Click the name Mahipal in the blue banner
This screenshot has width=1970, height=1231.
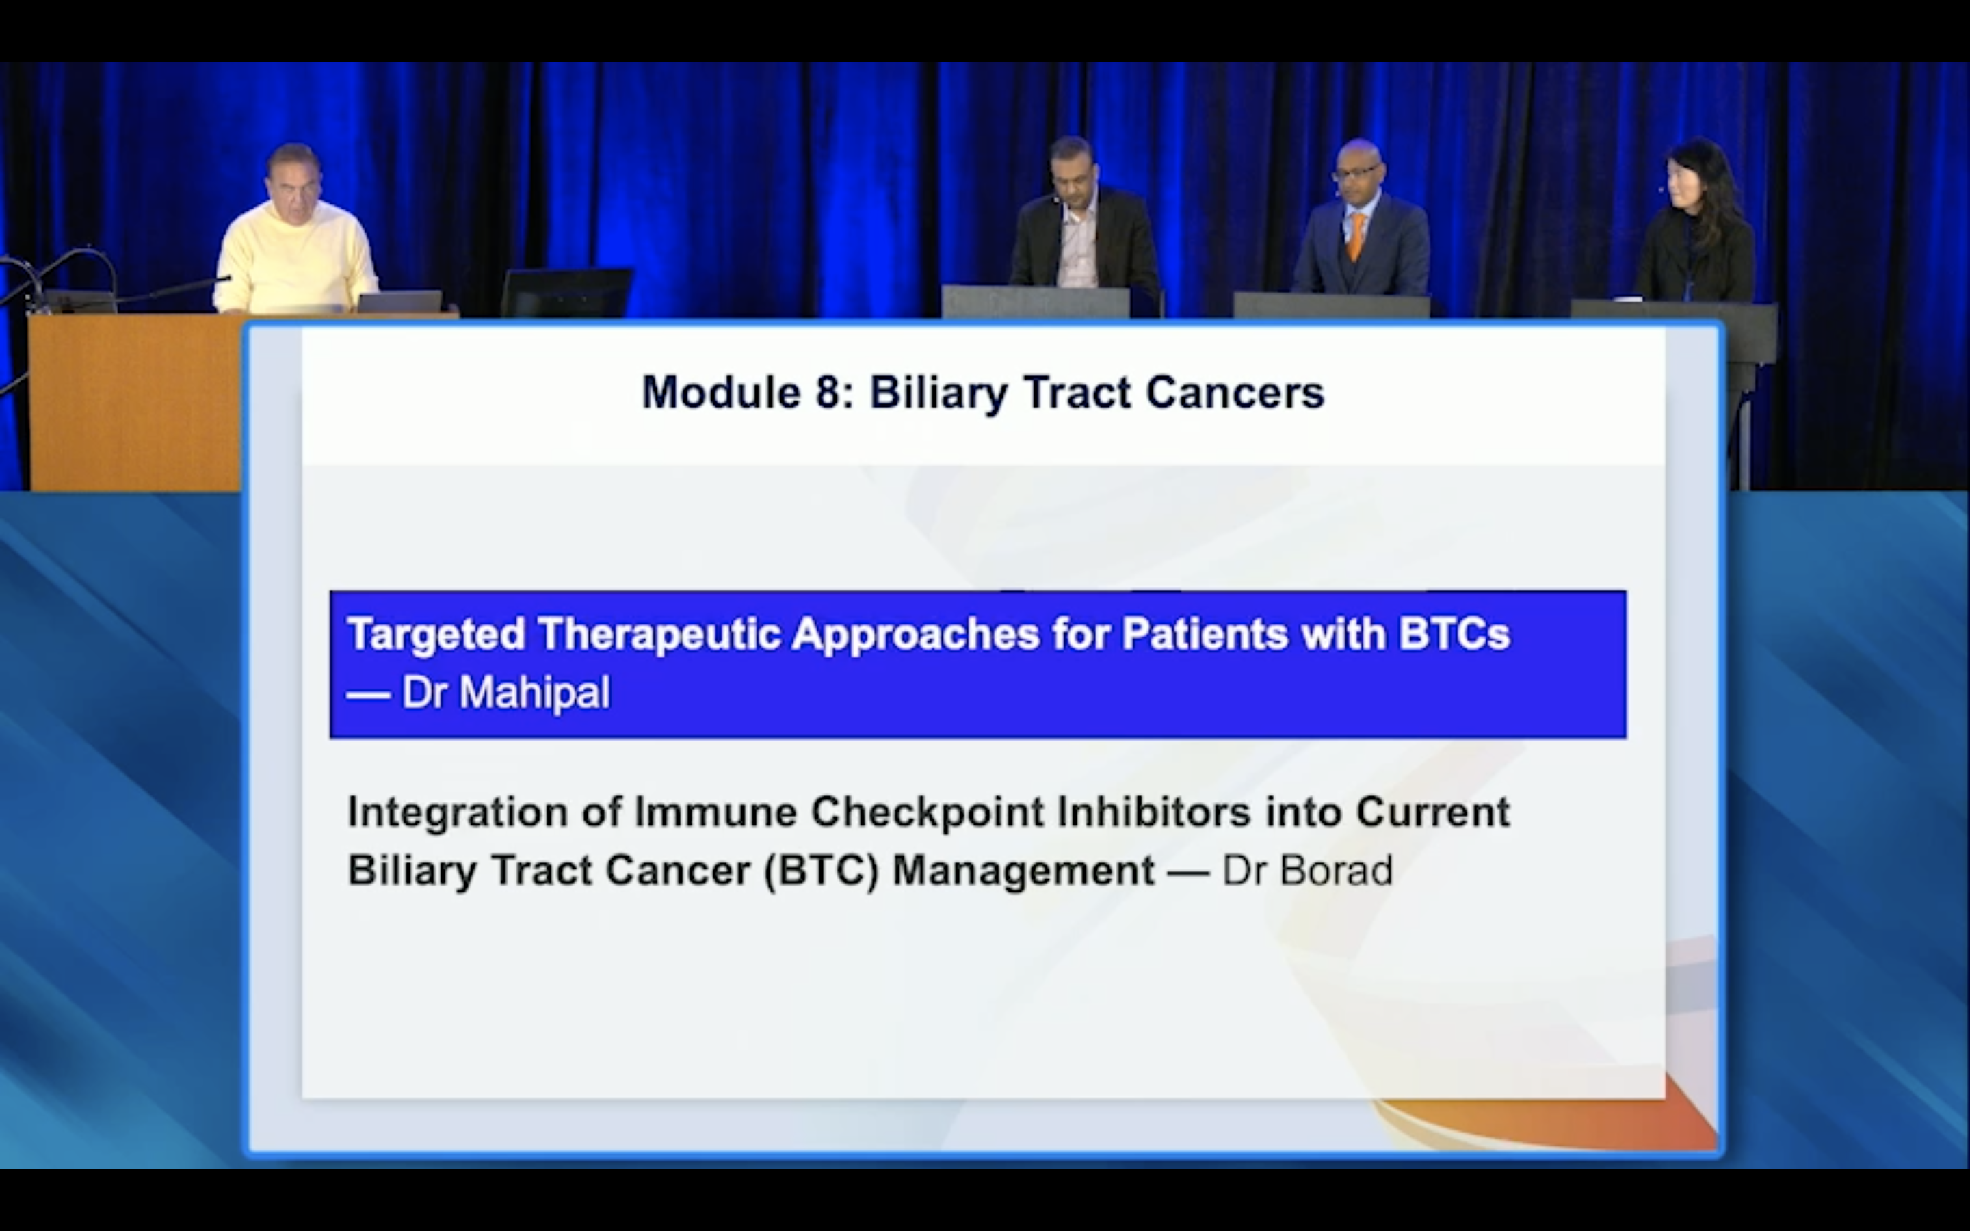[534, 693]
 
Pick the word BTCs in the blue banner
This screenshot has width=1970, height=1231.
[1454, 633]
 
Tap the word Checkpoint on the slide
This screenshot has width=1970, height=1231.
[928, 813]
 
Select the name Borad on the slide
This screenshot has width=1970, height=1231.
[1336, 871]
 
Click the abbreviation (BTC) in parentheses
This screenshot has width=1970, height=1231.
[822, 871]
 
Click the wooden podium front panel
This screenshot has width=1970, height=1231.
[134, 403]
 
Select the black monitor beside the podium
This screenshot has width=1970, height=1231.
[566, 292]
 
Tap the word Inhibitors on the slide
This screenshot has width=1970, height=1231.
[1153, 812]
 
